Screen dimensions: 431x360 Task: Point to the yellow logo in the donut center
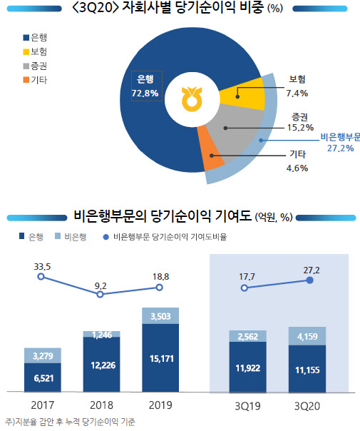(x=192, y=101)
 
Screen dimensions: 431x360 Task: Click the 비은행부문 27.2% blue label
(x=339, y=141)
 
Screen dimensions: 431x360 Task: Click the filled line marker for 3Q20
(x=309, y=280)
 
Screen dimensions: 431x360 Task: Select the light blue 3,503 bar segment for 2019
(x=160, y=316)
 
